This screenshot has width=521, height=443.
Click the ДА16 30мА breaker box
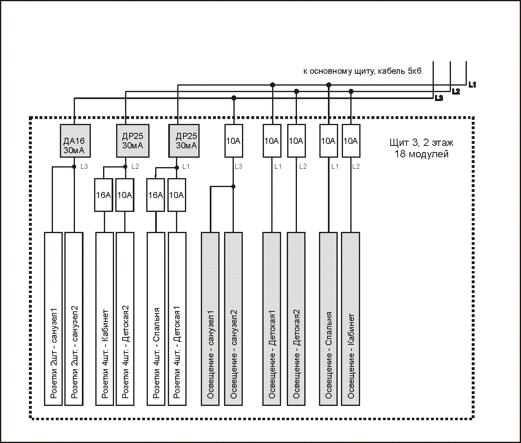pyautogui.click(x=75, y=141)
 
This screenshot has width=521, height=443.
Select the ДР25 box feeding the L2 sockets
pyautogui.click(x=132, y=141)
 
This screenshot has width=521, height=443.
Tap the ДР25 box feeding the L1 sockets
pyautogui.click(x=184, y=141)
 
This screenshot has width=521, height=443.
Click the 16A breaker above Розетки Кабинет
pyautogui.click(x=103, y=195)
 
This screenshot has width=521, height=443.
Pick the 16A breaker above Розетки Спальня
pyautogui.click(x=156, y=195)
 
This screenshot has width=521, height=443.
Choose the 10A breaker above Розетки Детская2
pyautogui.click(x=125, y=195)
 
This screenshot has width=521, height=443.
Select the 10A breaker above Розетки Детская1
pyautogui.click(x=177, y=195)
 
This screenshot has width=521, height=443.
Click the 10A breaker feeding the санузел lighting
pyautogui.click(x=234, y=141)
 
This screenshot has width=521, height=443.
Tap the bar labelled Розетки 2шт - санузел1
pyautogui.click(x=53, y=319)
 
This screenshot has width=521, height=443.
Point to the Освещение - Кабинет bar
pyautogui.click(x=350, y=319)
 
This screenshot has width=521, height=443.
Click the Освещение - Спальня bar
pyautogui.click(x=328, y=319)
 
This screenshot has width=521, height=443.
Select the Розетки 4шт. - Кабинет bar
pyautogui.click(x=105, y=319)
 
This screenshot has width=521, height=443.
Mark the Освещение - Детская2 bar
pyautogui.click(x=296, y=319)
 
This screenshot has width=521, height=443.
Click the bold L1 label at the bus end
pyautogui.click(x=473, y=85)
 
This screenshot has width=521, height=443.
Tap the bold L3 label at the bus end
pyautogui.click(x=439, y=98)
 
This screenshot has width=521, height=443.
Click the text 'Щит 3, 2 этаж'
pyautogui.click(x=422, y=143)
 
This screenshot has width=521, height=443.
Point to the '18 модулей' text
pyautogui.click(x=422, y=154)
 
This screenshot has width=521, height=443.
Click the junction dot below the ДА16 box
pyautogui.click(x=74, y=167)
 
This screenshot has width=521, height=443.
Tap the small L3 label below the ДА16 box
pyautogui.click(x=84, y=166)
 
